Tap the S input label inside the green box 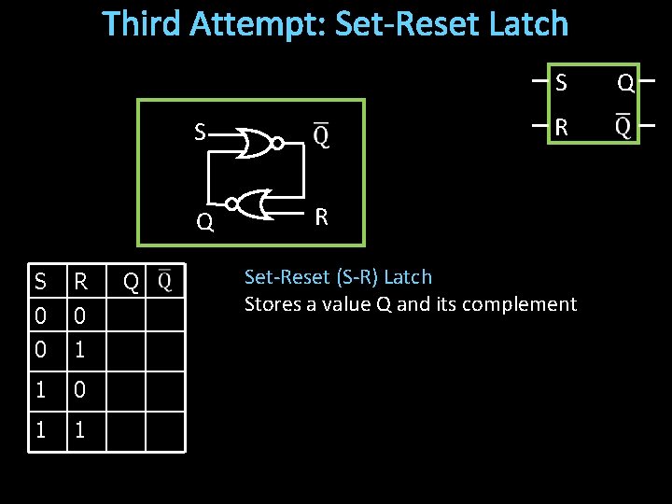click(200, 133)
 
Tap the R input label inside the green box click(321, 217)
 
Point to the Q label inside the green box click(204, 222)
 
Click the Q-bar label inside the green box click(320, 136)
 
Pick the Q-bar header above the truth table click(164, 281)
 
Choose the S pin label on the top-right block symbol click(560, 83)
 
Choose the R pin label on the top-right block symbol click(560, 127)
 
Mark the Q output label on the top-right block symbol click(625, 83)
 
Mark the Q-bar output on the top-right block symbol click(622, 126)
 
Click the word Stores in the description click(270, 304)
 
